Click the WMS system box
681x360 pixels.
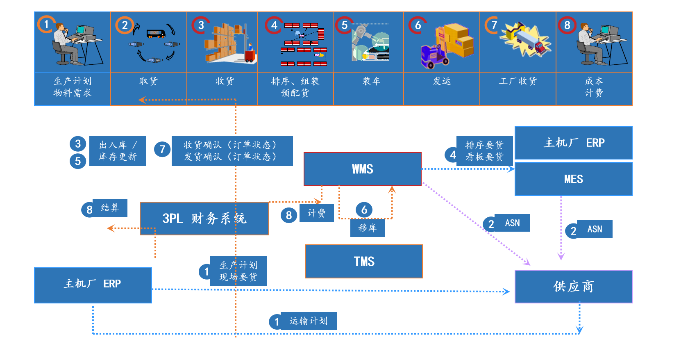coord(363,169)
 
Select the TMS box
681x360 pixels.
coord(364,262)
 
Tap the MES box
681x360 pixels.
coord(573,179)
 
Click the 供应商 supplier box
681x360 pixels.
coord(573,287)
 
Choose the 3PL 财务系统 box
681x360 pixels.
coord(204,219)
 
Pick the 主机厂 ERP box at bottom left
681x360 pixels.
coord(93,285)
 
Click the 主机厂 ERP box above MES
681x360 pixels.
coord(573,143)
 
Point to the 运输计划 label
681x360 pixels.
coord(308,321)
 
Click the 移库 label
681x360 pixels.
coord(368,228)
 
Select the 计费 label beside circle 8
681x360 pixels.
coord(316,213)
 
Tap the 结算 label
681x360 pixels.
coord(110,208)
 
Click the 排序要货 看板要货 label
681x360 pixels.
coord(484,151)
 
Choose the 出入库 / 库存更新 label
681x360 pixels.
coord(118,151)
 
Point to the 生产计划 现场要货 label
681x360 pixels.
coord(238,271)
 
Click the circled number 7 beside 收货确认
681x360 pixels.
coord(162,149)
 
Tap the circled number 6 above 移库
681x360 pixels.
coord(364,210)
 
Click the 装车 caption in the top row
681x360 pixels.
coord(371,81)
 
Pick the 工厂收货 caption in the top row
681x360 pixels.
coord(518,81)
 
